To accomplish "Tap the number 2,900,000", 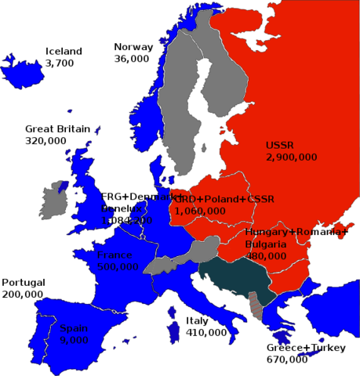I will tap(291, 157).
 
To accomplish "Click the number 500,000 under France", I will tap(118, 266).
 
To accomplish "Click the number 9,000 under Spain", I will tap(73, 340).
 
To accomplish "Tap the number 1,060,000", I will tap(199, 211).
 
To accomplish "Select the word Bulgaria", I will tap(265, 244).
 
